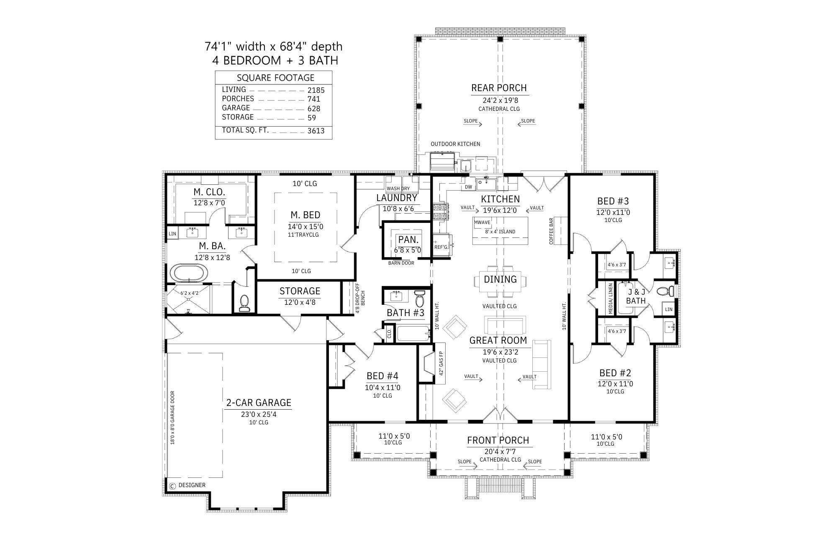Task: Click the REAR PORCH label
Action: pyautogui.click(x=499, y=88)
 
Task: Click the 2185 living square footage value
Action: pyautogui.click(x=316, y=90)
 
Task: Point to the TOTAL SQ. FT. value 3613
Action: pyautogui.click(x=316, y=130)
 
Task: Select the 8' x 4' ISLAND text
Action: pyautogui.click(x=500, y=232)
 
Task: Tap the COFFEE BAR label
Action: pyautogui.click(x=551, y=231)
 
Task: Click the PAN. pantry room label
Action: pyautogui.click(x=408, y=240)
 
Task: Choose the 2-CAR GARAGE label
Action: pyautogui.click(x=258, y=403)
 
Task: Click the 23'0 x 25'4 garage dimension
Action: pyautogui.click(x=258, y=414)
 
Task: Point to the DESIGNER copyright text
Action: pyautogui.click(x=192, y=485)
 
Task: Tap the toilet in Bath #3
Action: pyautogui.click(x=420, y=299)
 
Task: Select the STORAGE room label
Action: pyautogui.click(x=300, y=291)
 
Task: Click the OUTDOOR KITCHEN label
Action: pyautogui.click(x=455, y=144)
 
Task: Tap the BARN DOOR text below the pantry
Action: pyautogui.click(x=401, y=263)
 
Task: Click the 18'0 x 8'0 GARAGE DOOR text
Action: pyautogui.click(x=172, y=424)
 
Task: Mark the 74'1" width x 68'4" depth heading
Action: pyautogui.click(x=273, y=46)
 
